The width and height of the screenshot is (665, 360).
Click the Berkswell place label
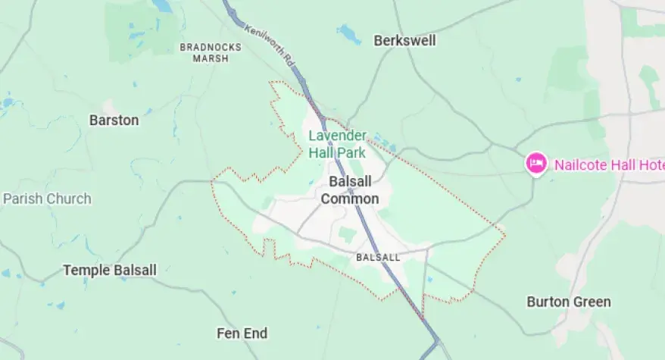tap(404, 41)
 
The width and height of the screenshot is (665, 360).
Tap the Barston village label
tap(114, 120)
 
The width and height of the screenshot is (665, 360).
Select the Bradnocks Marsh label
tap(211, 52)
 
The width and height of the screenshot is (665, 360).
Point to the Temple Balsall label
tap(110, 270)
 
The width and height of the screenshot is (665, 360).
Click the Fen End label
tap(242, 333)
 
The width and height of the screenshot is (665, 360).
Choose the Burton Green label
tap(568, 302)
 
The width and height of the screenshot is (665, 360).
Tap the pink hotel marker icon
tap(536, 164)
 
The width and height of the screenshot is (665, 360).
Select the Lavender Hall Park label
tap(337, 144)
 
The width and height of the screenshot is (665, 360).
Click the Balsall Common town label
tap(349, 190)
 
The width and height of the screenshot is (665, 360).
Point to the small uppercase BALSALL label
tap(378, 258)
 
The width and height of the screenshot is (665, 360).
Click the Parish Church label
tap(47, 199)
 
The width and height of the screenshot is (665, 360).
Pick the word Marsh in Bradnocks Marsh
tap(211, 58)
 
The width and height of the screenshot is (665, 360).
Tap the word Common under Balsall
tap(349, 199)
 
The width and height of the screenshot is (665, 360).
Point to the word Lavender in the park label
tap(337, 136)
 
